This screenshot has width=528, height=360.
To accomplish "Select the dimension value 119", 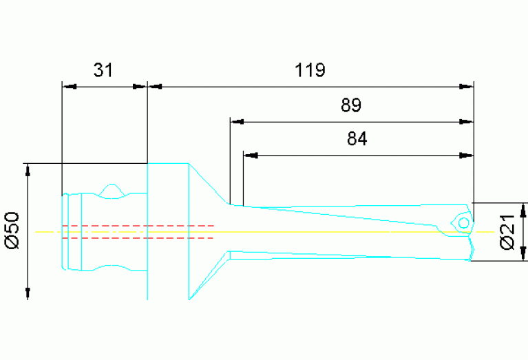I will point(310,70).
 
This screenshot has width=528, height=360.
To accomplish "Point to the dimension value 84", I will point(357,138).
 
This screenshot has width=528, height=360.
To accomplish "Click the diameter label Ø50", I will point(13,231).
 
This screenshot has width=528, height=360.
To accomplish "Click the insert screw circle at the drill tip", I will point(464,223).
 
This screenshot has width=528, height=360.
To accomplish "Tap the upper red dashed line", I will point(138,225).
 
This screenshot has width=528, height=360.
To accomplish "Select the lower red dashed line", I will point(138,237).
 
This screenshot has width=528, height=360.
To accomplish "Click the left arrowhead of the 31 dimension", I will point(68,87).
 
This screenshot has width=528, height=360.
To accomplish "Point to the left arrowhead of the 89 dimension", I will point(236,123).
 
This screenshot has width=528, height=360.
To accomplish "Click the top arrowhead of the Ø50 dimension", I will point(28,169).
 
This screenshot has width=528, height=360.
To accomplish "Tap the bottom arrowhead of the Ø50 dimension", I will point(28,293).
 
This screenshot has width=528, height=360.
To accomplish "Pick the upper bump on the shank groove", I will point(111,188).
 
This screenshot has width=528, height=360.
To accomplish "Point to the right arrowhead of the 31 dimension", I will point(141,87).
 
